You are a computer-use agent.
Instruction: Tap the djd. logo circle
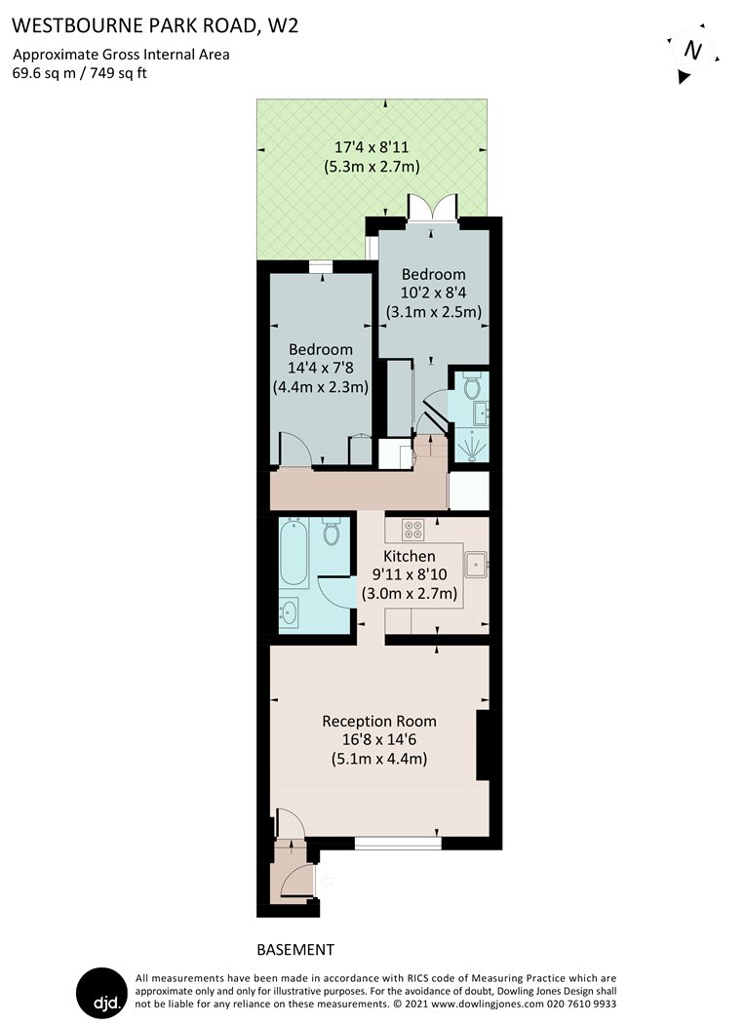(x=101, y=993)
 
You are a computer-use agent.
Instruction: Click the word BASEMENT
(x=295, y=950)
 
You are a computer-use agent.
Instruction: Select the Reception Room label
(x=379, y=721)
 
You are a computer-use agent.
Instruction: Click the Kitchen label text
(x=409, y=556)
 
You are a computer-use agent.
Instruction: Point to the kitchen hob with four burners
(x=412, y=530)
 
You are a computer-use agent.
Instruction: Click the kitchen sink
(x=475, y=565)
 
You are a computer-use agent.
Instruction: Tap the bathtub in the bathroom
(x=294, y=553)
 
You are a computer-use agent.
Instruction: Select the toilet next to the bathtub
(x=332, y=531)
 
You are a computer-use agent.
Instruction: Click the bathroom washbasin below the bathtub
(x=289, y=613)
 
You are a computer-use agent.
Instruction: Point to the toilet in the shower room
(x=472, y=385)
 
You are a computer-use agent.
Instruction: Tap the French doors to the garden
(x=432, y=209)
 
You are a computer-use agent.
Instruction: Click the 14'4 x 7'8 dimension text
(x=320, y=368)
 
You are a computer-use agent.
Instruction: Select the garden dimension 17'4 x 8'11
(x=372, y=147)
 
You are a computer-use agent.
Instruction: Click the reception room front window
(x=398, y=844)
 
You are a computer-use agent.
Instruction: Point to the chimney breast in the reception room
(x=483, y=745)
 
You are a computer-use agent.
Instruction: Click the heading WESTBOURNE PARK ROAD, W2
(x=155, y=25)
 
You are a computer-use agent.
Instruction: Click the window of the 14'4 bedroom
(x=321, y=266)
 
